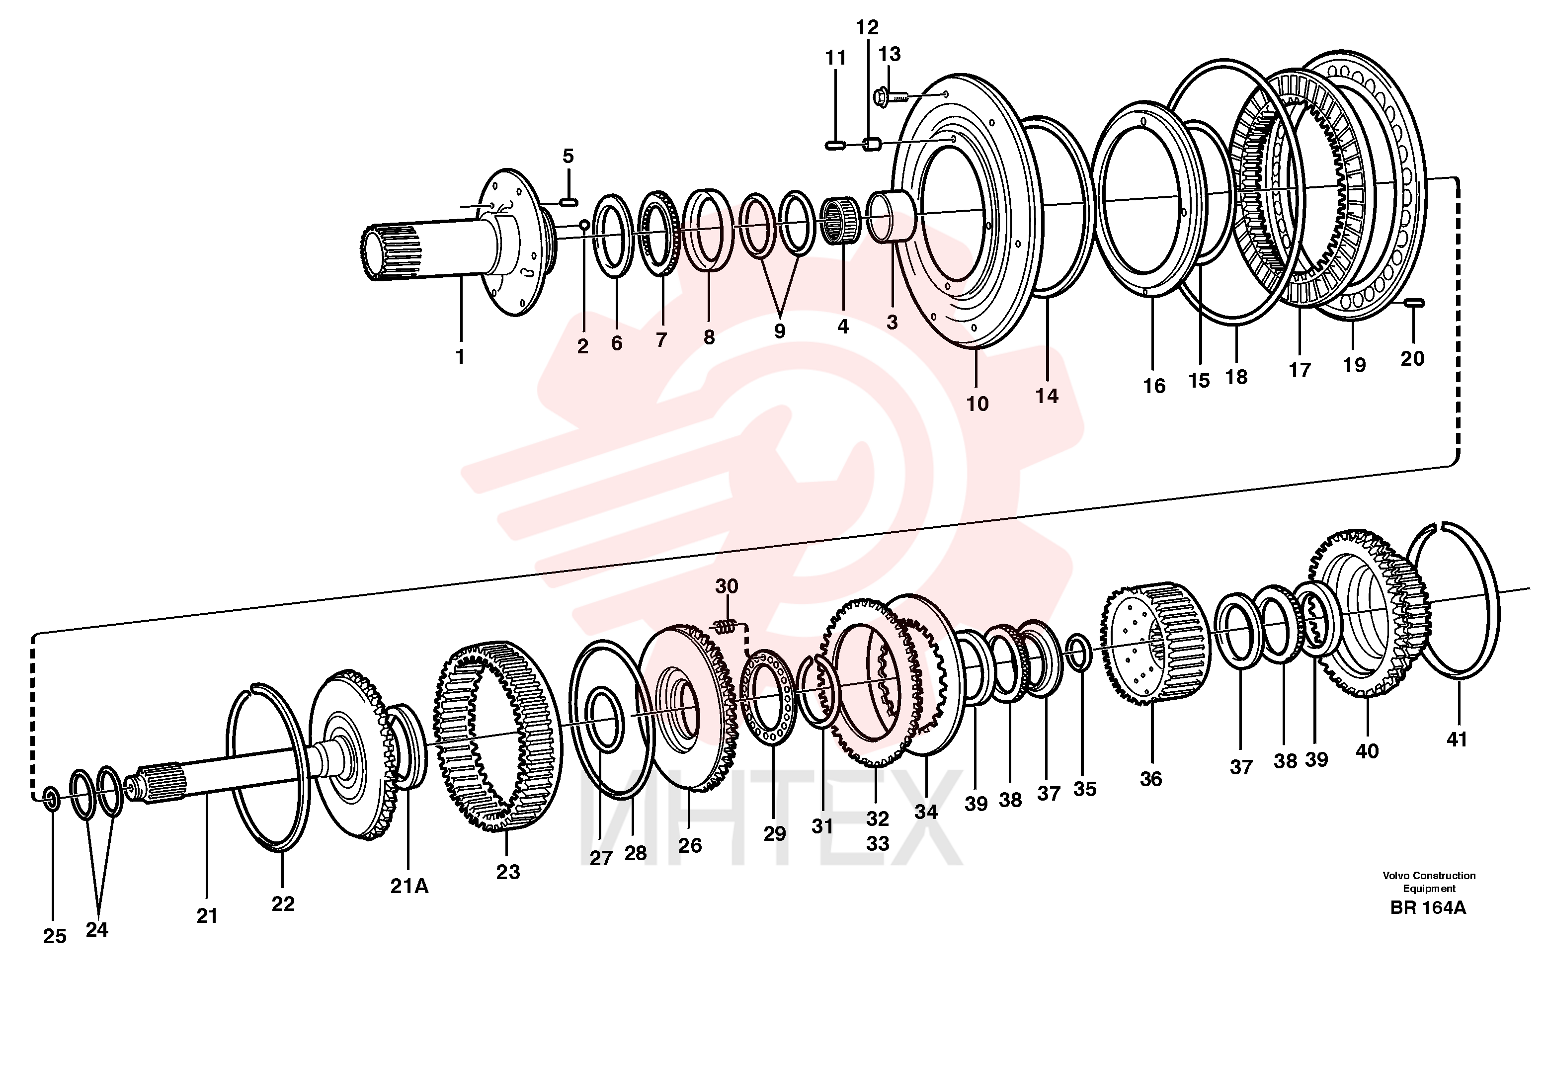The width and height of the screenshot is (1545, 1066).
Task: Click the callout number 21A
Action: point(409,886)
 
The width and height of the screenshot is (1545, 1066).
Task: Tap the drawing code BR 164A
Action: point(1428,907)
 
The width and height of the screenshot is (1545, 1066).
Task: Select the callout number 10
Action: point(977,404)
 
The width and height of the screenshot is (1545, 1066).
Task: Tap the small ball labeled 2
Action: point(584,225)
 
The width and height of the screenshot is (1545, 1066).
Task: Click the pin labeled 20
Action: point(1413,303)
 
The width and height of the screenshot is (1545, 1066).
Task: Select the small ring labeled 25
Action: point(50,797)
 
